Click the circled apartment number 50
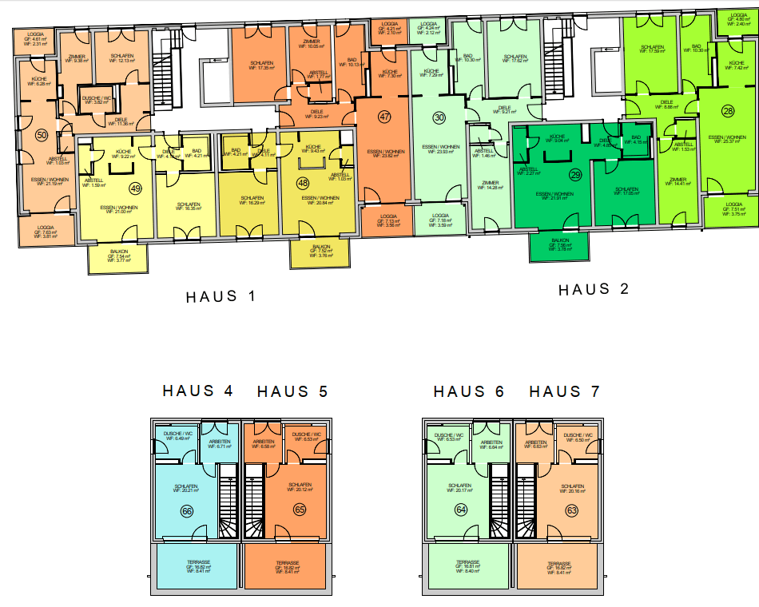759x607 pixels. point(42,136)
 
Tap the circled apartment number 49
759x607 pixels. point(136,188)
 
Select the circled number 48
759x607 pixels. point(303,183)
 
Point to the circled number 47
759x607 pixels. point(384,117)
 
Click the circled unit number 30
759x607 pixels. point(439,117)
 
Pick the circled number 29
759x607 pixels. point(574,175)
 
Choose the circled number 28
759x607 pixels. point(728,110)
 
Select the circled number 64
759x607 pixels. point(461,510)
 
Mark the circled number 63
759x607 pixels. point(571,510)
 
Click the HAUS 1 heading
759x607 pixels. point(221,297)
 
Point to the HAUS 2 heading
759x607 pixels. point(593,289)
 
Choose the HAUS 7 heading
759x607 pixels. point(564,391)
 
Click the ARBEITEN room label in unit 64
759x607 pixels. point(492,444)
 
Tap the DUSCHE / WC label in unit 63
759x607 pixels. point(577,437)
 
